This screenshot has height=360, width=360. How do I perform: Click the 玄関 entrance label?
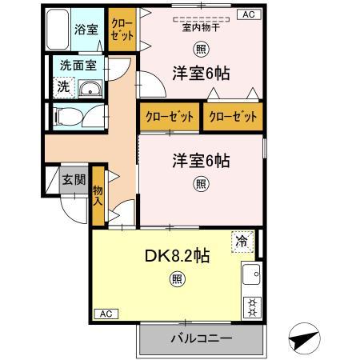coord(74,180)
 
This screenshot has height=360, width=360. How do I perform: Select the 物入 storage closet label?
coord(98,195)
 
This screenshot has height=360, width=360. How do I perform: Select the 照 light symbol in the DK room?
coord(175,279)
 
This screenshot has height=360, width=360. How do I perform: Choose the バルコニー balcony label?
coord(201,338)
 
